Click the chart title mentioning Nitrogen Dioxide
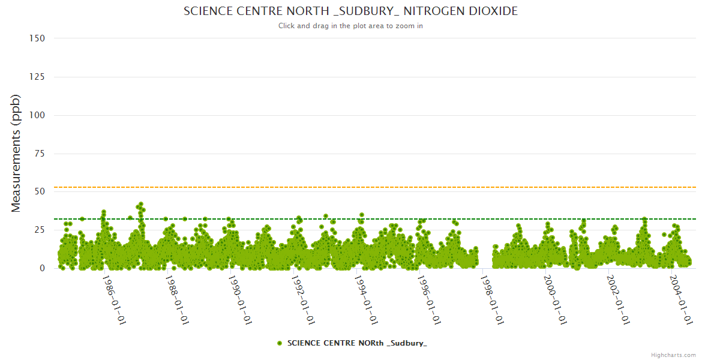350,11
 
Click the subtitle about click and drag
350,26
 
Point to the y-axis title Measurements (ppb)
16,153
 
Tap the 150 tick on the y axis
37,38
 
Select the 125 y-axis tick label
37,77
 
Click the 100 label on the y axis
37,115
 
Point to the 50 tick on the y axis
40,191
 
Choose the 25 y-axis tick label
40,230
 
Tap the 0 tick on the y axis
42,268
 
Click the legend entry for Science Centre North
357,343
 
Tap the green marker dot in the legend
280,343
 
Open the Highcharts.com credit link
673,355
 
